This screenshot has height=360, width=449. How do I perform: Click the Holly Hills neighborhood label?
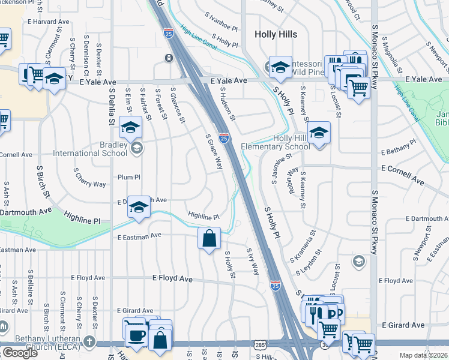(276, 34)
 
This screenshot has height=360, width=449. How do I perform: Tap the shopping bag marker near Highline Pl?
(209, 239)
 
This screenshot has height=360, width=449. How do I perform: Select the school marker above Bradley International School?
(130, 127)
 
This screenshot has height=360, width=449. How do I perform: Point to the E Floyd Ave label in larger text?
(172, 279)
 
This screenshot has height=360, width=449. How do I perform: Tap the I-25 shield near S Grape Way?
(223, 139)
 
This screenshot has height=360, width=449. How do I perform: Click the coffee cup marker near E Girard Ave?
(136, 334)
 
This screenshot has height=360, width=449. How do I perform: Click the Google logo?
(20, 353)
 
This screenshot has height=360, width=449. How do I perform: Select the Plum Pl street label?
(128, 177)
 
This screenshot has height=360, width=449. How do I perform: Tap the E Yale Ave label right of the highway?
(228, 80)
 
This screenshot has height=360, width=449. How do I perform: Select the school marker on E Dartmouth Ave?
(139, 207)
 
